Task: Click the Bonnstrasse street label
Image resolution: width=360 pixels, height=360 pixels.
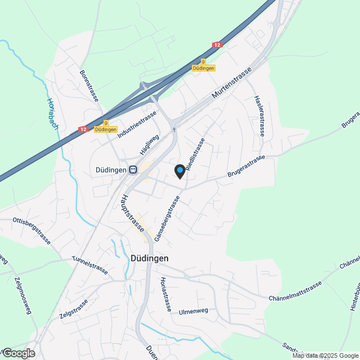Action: coord(89,85)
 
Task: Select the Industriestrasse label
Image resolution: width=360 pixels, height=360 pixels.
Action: coord(137,125)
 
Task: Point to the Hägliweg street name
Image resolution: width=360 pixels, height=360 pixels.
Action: coord(150,145)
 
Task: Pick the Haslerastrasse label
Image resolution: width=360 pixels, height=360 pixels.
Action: coord(260,115)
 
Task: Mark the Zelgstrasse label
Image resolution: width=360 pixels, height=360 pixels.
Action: coord(74,309)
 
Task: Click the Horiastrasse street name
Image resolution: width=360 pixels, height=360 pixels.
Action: coord(165,294)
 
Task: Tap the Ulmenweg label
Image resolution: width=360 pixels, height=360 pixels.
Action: coord(193,312)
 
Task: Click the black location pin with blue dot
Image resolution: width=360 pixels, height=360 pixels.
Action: coord(179,171)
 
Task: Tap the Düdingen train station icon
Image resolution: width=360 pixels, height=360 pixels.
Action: coord(133,169)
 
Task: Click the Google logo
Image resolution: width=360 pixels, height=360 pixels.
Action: coord(18,353)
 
